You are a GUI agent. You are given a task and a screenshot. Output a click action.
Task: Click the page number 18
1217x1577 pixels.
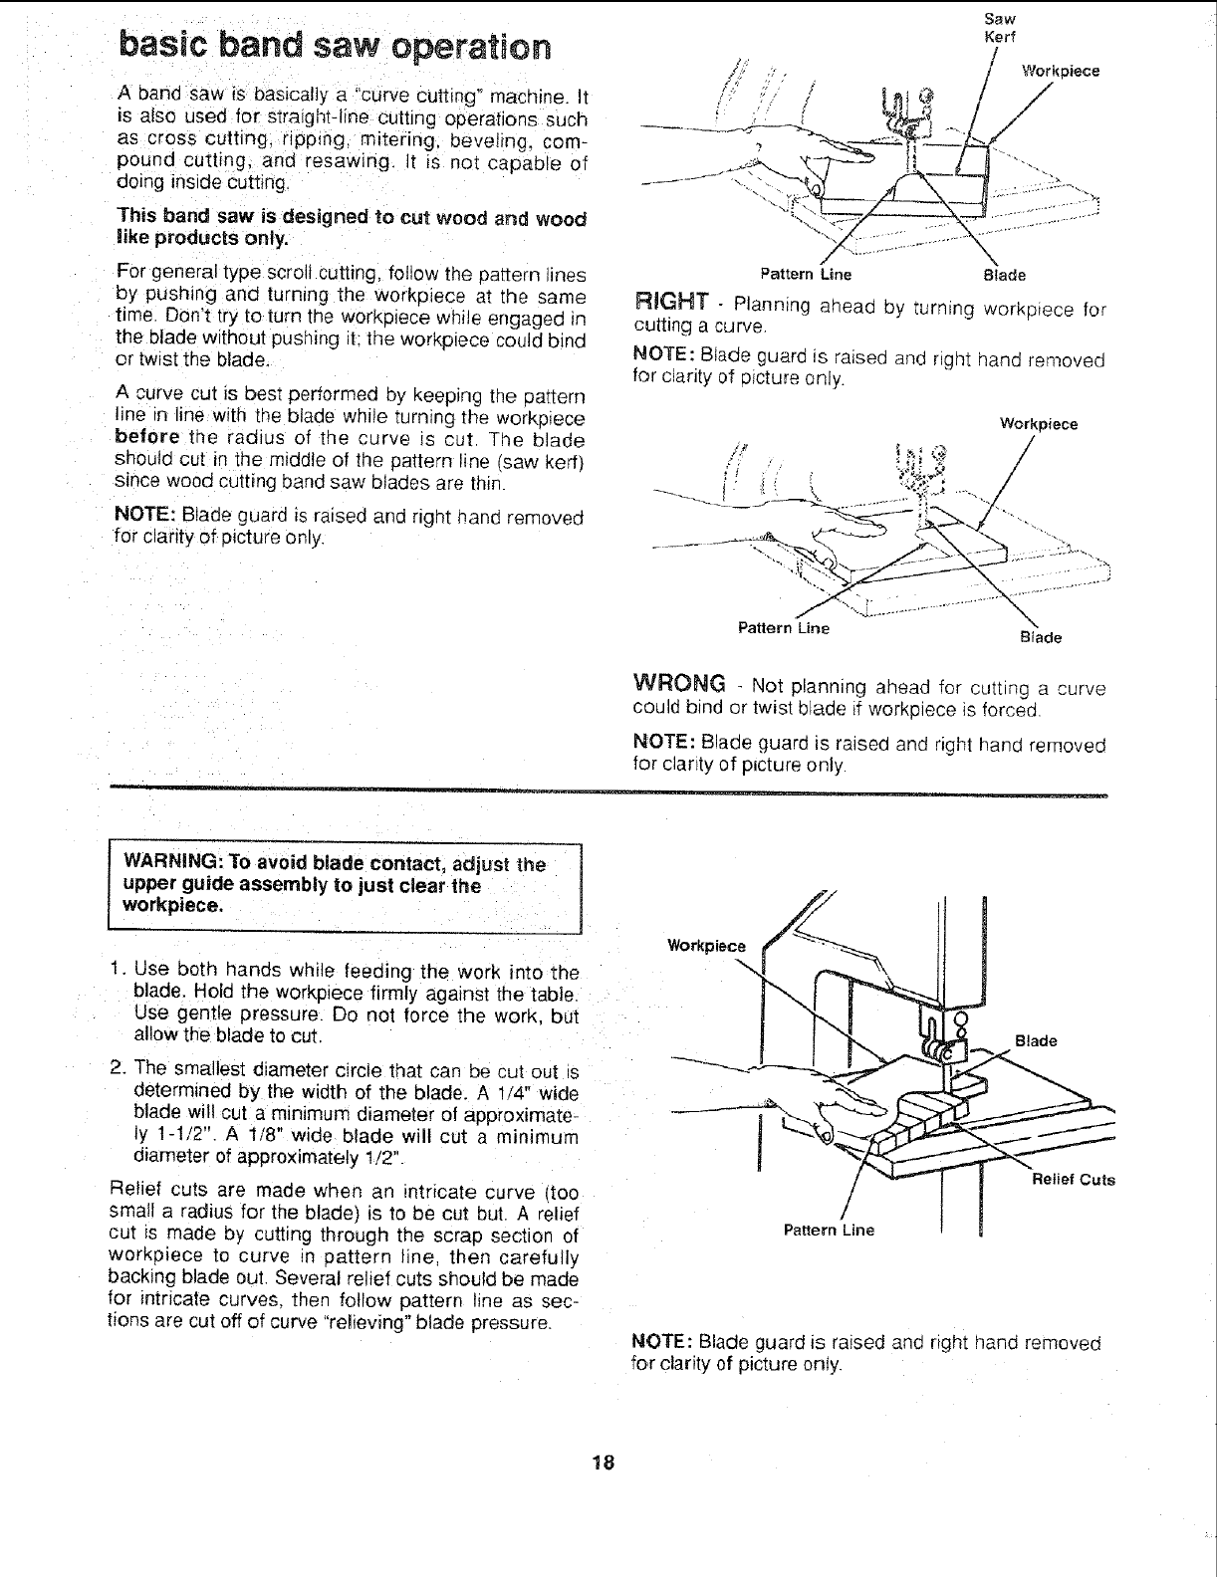click(x=602, y=1463)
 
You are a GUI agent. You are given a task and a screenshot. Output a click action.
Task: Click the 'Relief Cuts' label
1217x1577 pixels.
click(x=1074, y=1181)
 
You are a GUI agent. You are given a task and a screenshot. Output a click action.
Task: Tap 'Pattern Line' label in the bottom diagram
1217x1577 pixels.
click(x=829, y=1230)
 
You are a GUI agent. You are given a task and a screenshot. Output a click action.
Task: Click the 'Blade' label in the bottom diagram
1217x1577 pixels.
click(x=1035, y=1041)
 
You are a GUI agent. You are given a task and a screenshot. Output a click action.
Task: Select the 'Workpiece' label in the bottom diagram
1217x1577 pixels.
click(x=705, y=946)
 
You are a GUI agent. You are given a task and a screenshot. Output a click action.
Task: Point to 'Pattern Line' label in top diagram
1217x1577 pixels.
click(x=806, y=274)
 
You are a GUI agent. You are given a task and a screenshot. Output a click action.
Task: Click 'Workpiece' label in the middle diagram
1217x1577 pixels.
click(x=1039, y=424)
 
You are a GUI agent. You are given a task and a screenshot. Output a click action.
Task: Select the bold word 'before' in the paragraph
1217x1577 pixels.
click(x=146, y=438)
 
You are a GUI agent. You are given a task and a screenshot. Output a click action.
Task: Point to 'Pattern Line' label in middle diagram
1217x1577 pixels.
click(x=783, y=628)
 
